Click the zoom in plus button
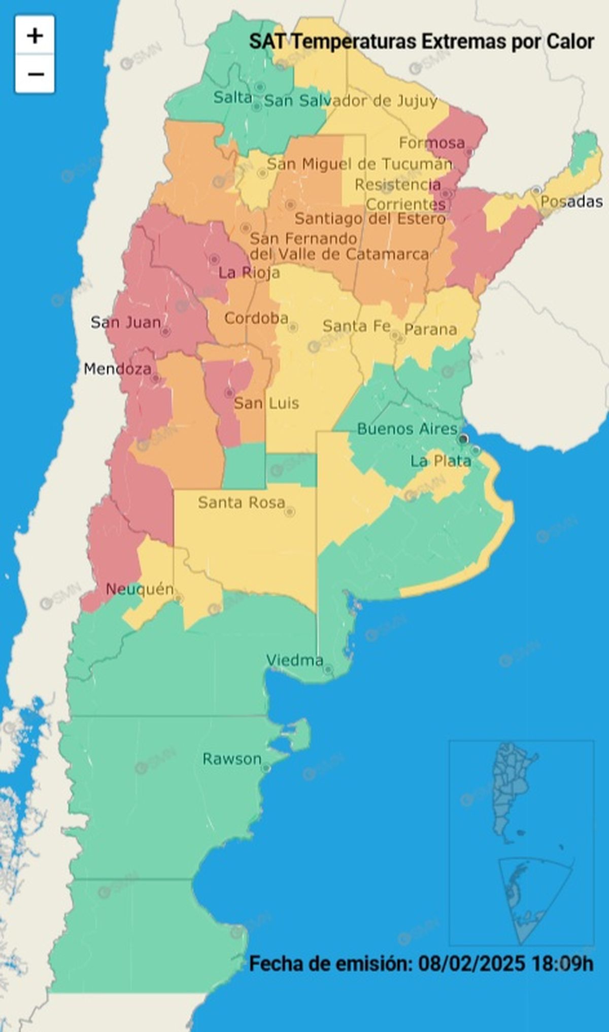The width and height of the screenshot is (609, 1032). [x=35, y=35]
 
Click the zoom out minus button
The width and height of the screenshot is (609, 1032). [x=35, y=74]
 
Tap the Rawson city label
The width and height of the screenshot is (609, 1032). [x=232, y=759]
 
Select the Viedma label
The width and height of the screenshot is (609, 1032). [x=295, y=660]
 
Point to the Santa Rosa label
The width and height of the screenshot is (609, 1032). [x=241, y=503]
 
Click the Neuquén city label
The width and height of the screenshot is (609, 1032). [x=140, y=590]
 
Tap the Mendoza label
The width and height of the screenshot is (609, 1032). [x=117, y=369]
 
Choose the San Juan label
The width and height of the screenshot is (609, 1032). [x=125, y=322]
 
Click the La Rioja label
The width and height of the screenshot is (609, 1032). [x=249, y=273]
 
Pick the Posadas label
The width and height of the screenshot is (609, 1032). [x=571, y=201]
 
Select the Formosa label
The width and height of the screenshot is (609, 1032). [x=432, y=143]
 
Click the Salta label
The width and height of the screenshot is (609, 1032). [x=232, y=97]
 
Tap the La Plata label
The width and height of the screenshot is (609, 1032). [x=441, y=461]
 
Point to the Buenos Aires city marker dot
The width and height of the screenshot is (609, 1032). [x=463, y=439]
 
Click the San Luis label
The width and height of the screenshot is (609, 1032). [x=266, y=403]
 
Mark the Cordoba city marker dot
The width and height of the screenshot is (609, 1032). [x=293, y=327]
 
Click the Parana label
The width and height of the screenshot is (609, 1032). [x=430, y=330]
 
